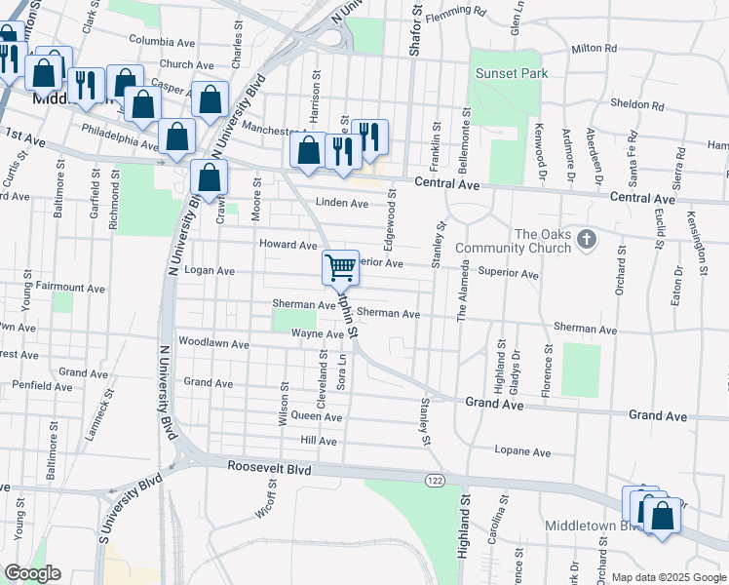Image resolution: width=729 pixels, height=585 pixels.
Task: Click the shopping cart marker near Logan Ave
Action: click(x=340, y=266)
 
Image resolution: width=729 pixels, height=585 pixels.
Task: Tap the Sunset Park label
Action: click(x=512, y=73)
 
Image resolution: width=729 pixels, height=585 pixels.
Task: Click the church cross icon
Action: click(x=586, y=239)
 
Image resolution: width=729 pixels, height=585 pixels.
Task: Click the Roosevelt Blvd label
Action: click(x=269, y=468)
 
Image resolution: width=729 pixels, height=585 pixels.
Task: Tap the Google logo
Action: click(x=31, y=573)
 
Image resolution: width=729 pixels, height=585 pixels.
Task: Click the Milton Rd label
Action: click(x=595, y=48)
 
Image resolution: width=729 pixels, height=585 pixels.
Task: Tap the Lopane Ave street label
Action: click(x=523, y=452)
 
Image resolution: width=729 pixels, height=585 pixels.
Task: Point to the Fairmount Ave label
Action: click(x=70, y=288)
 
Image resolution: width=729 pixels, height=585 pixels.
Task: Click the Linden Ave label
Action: click(x=341, y=203)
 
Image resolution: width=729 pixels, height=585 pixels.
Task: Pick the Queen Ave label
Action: click(x=317, y=416)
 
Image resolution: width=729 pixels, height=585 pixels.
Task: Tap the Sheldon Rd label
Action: click(x=636, y=104)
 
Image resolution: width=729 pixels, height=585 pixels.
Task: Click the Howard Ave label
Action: click(x=288, y=245)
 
